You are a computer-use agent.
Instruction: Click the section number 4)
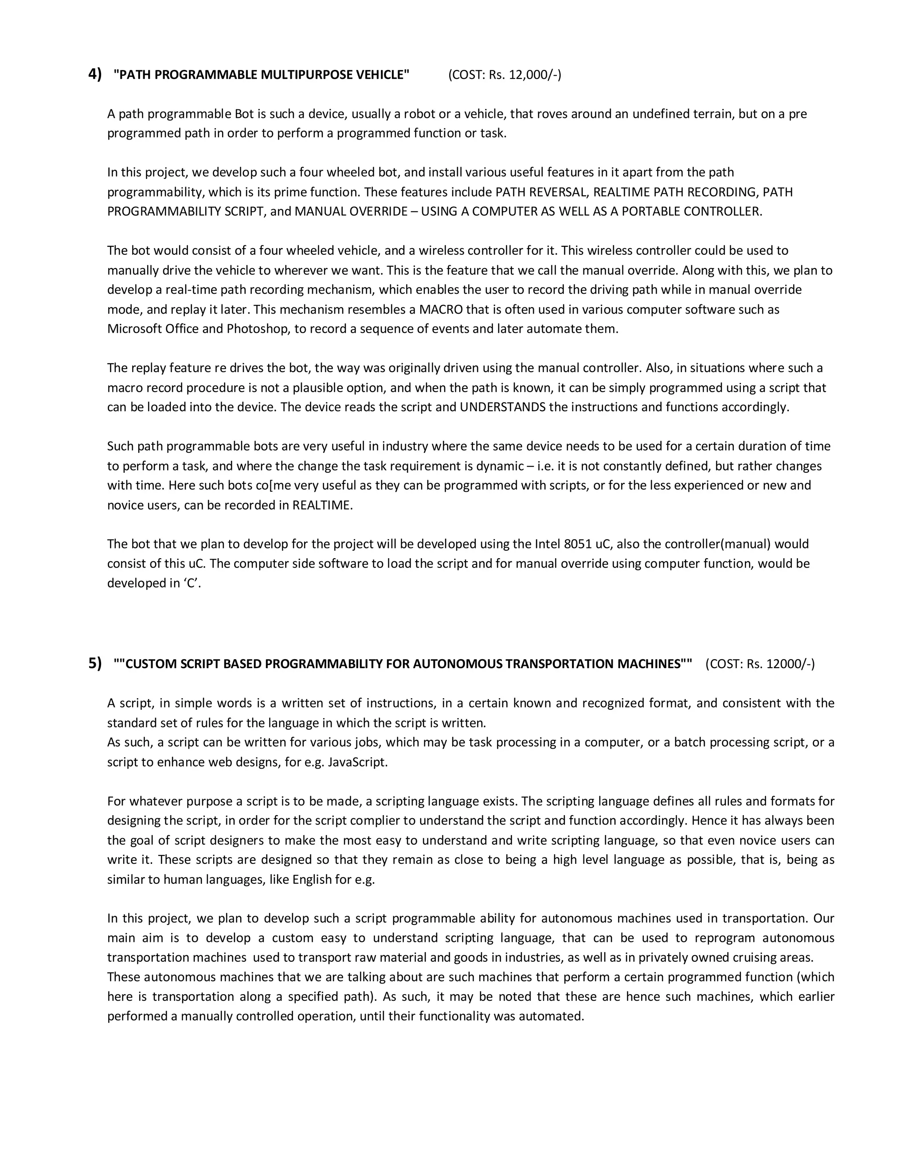pyautogui.click(x=95, y=74)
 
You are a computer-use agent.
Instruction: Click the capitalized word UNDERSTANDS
pyautogui.click(x=502, y=407)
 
